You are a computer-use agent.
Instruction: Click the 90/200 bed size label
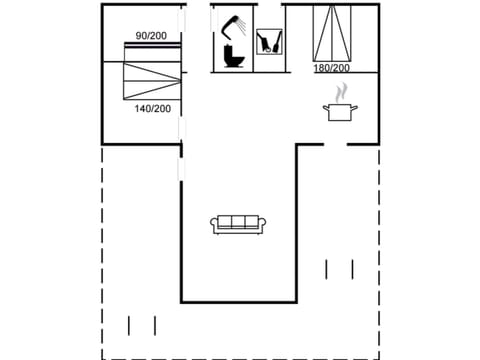point(152,36)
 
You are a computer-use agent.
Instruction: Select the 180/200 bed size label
point(332,68)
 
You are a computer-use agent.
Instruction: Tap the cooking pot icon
point(340,111)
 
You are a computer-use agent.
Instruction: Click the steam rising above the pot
point(340,92)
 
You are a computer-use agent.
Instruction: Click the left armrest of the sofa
point(215,224)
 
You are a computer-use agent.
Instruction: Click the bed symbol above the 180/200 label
point(332,33)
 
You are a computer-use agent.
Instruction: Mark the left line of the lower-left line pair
point(130,325)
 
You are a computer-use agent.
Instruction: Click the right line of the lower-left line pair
point(155,325)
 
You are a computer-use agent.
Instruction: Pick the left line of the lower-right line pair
point(327,269)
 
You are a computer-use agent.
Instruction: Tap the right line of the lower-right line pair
point(353,269)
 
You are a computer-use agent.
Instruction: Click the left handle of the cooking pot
point(325,107)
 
